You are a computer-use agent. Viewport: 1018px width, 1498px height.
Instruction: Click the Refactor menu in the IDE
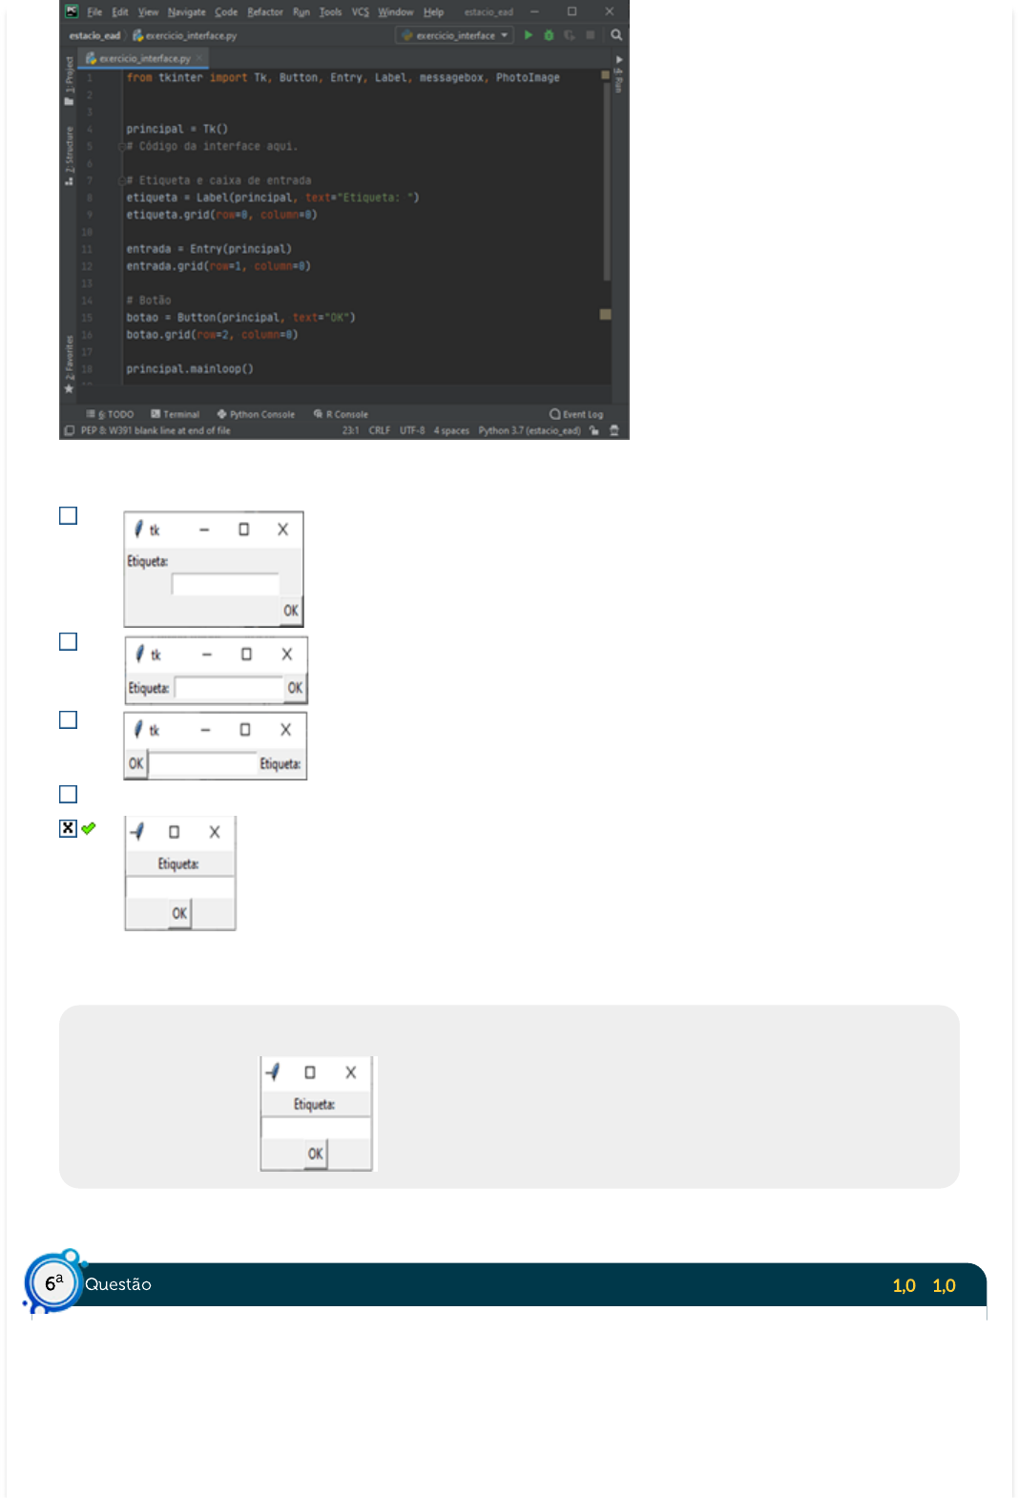tap(264, 12)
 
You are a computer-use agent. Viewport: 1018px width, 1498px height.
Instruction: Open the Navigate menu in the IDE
tap(186, 12)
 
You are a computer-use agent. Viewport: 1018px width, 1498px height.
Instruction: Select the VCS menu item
tap(360, 12)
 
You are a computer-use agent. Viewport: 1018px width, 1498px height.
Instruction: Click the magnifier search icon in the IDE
tap(616, 35)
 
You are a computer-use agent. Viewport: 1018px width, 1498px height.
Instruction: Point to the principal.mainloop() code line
tap(190, 369)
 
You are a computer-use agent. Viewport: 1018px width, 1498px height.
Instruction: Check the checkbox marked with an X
tap(68, 828)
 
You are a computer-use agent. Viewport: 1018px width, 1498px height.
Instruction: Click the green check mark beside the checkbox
tap(89, 828)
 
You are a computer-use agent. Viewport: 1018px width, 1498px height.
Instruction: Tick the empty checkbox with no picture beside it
tap(68, 794)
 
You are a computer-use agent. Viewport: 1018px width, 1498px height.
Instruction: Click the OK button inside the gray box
tap(315, 1154)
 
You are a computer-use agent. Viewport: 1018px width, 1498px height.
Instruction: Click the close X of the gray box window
tap(350, 1072)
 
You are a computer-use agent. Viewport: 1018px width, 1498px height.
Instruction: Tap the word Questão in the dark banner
tap(118, 1284)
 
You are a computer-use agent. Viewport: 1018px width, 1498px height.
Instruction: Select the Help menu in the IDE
tap(433, 12)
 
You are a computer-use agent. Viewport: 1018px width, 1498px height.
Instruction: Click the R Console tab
tap(342, 414)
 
